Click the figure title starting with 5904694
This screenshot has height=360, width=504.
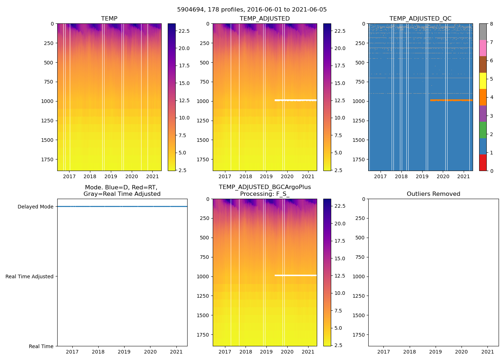pyautogui.click(x=252, y=10)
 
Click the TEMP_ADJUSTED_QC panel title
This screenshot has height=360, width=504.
pyautogui.click(x=420, y=19)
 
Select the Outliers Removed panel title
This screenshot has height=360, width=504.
pyautogui.click(x=433, y=194)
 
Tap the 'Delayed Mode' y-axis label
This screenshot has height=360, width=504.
pyautogui.click(x=35, y=207)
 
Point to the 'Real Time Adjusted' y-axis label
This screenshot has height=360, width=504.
pyautogui.click(x=30, y=276)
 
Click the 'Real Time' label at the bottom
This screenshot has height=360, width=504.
pyautogui.click(x=41, y=346)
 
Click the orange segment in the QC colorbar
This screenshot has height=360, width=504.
pyautogui.click(x=483, y=97)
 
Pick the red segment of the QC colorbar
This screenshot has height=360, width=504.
pyautogui.click(x=483, y=163)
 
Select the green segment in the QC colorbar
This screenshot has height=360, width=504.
pyautogui.click(x=483, y=130)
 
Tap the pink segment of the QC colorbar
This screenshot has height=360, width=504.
pyautogui.click(x=483, y=48)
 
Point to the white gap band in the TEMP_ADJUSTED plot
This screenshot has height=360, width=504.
pyautogui.click(x=296, y=100)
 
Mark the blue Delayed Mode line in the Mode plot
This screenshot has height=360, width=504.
pyautogui.click(x=122, y=207)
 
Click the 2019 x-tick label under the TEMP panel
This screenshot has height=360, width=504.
pyautogui.click(x=111, y=176)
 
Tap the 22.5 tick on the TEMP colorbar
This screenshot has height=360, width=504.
pyautogui.click(x=184, y=31)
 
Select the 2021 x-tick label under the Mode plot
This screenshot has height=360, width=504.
pyautogui.click(x=176, y=352)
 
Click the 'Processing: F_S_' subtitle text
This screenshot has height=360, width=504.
pyautogui.click(x=265, y=194)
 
